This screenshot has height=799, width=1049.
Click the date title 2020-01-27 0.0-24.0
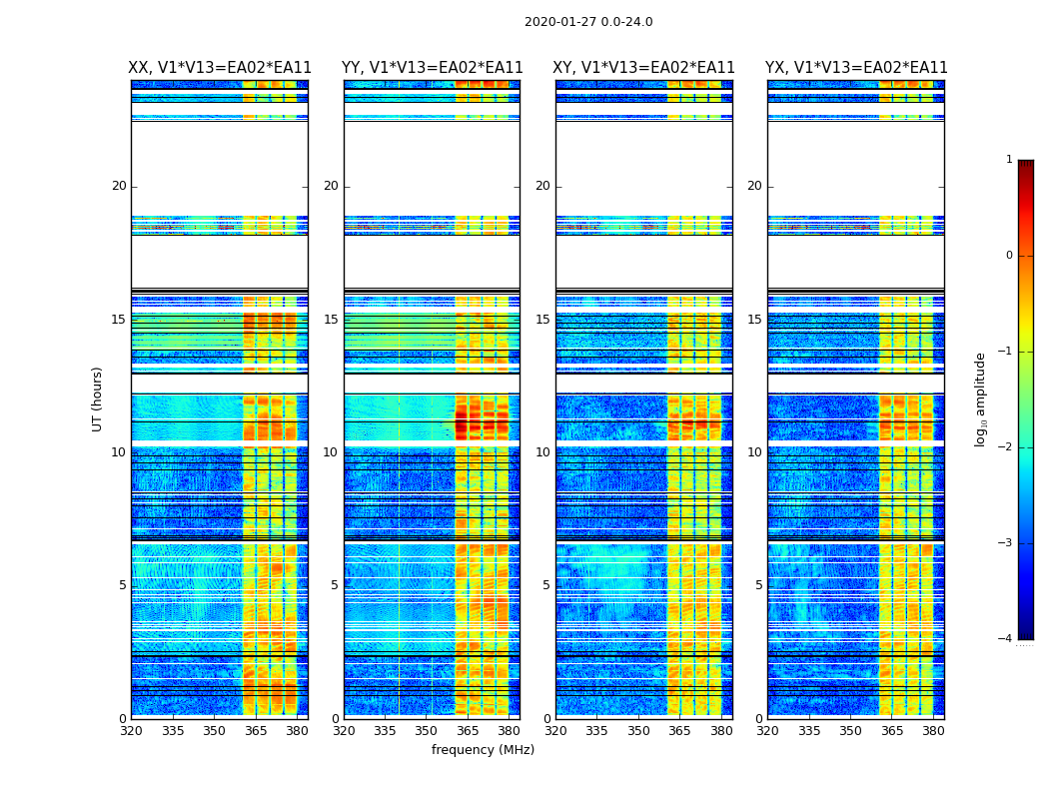(x=588, y=22)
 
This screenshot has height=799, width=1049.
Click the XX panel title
(x=220, y=68)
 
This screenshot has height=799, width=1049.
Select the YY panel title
(x=432, y=68)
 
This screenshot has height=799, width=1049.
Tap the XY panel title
(x=644, y=68)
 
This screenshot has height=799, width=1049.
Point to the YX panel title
(x=856, y=68)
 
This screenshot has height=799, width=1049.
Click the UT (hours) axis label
(x=97, y=399)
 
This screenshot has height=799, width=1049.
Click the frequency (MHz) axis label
(x=483, y=750)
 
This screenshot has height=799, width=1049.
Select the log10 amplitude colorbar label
(x=981, y=399)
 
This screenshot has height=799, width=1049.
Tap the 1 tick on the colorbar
(x=1009, y=160)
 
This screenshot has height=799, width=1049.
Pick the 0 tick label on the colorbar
(x=1009, y=256)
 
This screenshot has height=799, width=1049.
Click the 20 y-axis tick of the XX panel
(x=119, y=186)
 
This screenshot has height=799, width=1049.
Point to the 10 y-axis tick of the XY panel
(x=542, y=452)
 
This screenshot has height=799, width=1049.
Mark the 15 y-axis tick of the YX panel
(x=754, y=320)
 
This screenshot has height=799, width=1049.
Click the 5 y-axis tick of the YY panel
(x=335, y=585)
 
